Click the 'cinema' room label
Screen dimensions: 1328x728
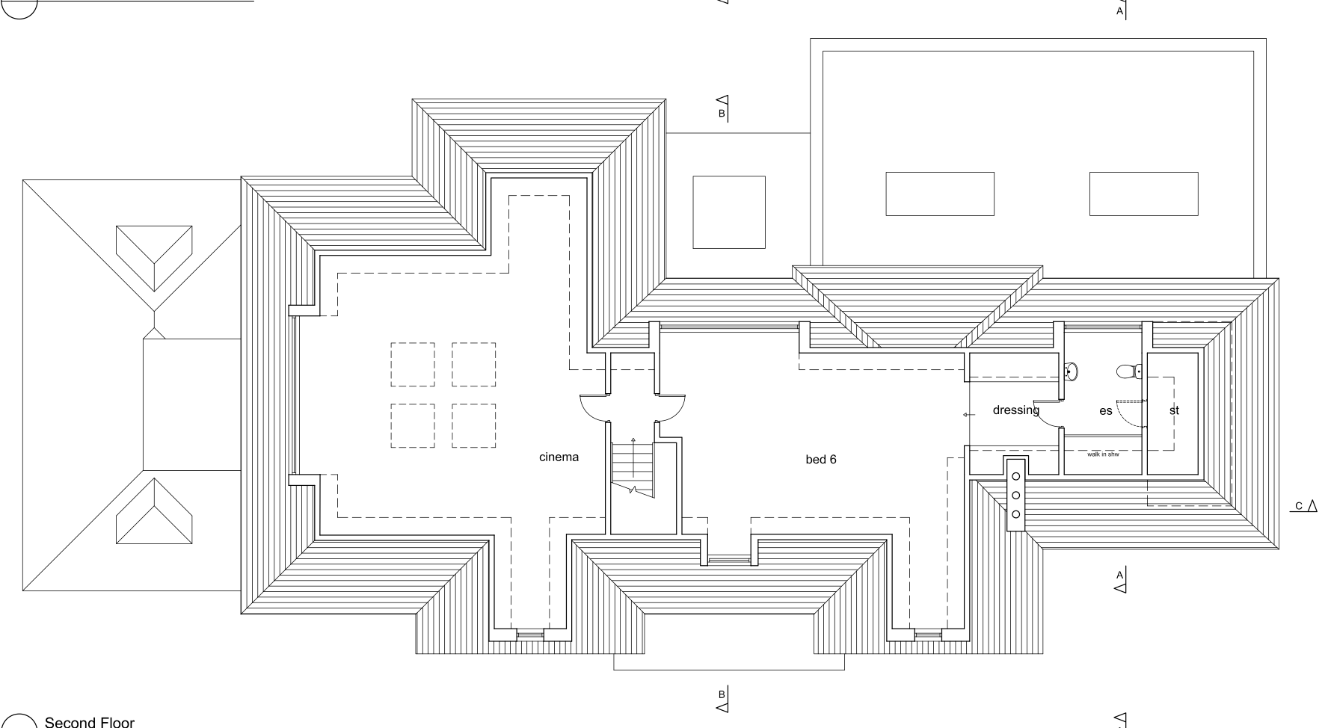click(559, 457)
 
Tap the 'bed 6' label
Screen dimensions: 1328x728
click(820, 459)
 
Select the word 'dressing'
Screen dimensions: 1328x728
click(1015, 410)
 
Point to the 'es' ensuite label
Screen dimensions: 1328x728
click(1105, 410)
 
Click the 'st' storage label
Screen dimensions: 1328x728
click(1174, 410)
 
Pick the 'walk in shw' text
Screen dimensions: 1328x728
click(1103, 454)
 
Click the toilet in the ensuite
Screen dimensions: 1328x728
click(1128, 371)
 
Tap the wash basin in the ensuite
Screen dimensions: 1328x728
click(1071, 371)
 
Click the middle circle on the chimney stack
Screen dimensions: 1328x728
click(1015, 495)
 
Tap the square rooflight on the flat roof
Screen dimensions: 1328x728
click(729, 212)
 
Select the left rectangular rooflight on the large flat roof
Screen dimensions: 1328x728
click(940, 194)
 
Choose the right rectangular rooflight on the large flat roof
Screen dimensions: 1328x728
click(1143, 194)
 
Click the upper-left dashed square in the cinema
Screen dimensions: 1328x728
click(413, 365)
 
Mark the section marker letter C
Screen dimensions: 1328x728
click(1299, 507)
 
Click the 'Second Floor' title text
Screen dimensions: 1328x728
click(90, 722)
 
